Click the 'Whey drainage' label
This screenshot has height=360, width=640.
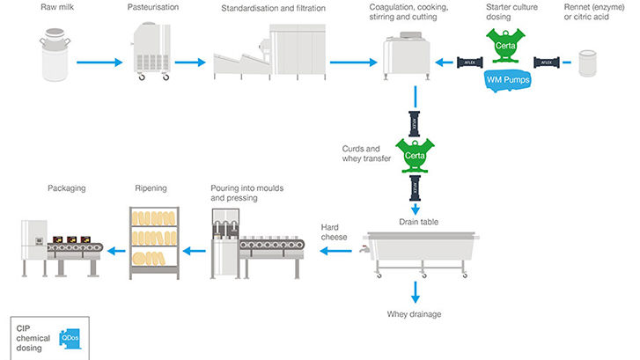tap(415, 313)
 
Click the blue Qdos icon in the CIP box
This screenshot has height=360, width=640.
tap(68, 338)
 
